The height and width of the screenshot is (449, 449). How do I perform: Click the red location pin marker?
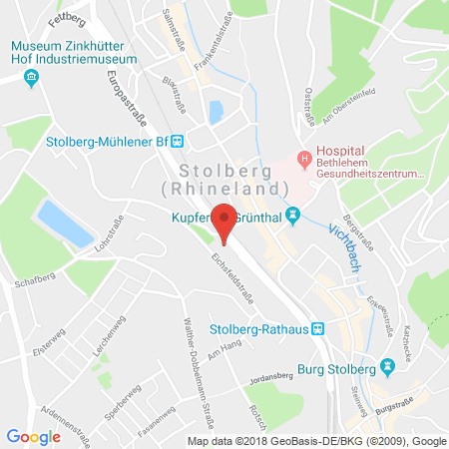[x=225, y=220]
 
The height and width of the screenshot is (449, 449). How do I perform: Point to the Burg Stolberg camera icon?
[x=373, y=366]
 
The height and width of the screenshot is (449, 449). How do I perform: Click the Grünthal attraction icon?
[x=292, y=215]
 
